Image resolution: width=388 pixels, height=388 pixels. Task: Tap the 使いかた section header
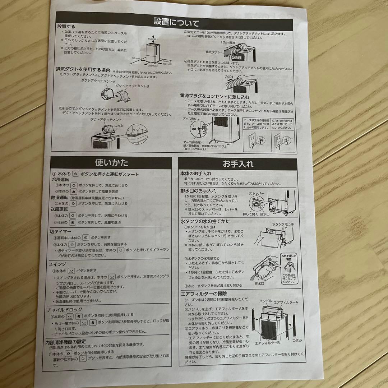[111, 163]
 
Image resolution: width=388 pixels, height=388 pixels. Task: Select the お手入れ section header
[238, 165]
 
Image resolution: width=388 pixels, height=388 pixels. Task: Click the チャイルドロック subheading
[64, 309]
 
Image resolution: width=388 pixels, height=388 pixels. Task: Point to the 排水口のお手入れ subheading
[198, 191]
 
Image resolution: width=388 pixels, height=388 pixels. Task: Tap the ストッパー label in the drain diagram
[257, 193]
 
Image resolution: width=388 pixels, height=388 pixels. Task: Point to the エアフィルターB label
[267, 343]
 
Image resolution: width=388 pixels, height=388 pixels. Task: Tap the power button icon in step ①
[75, 174]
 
